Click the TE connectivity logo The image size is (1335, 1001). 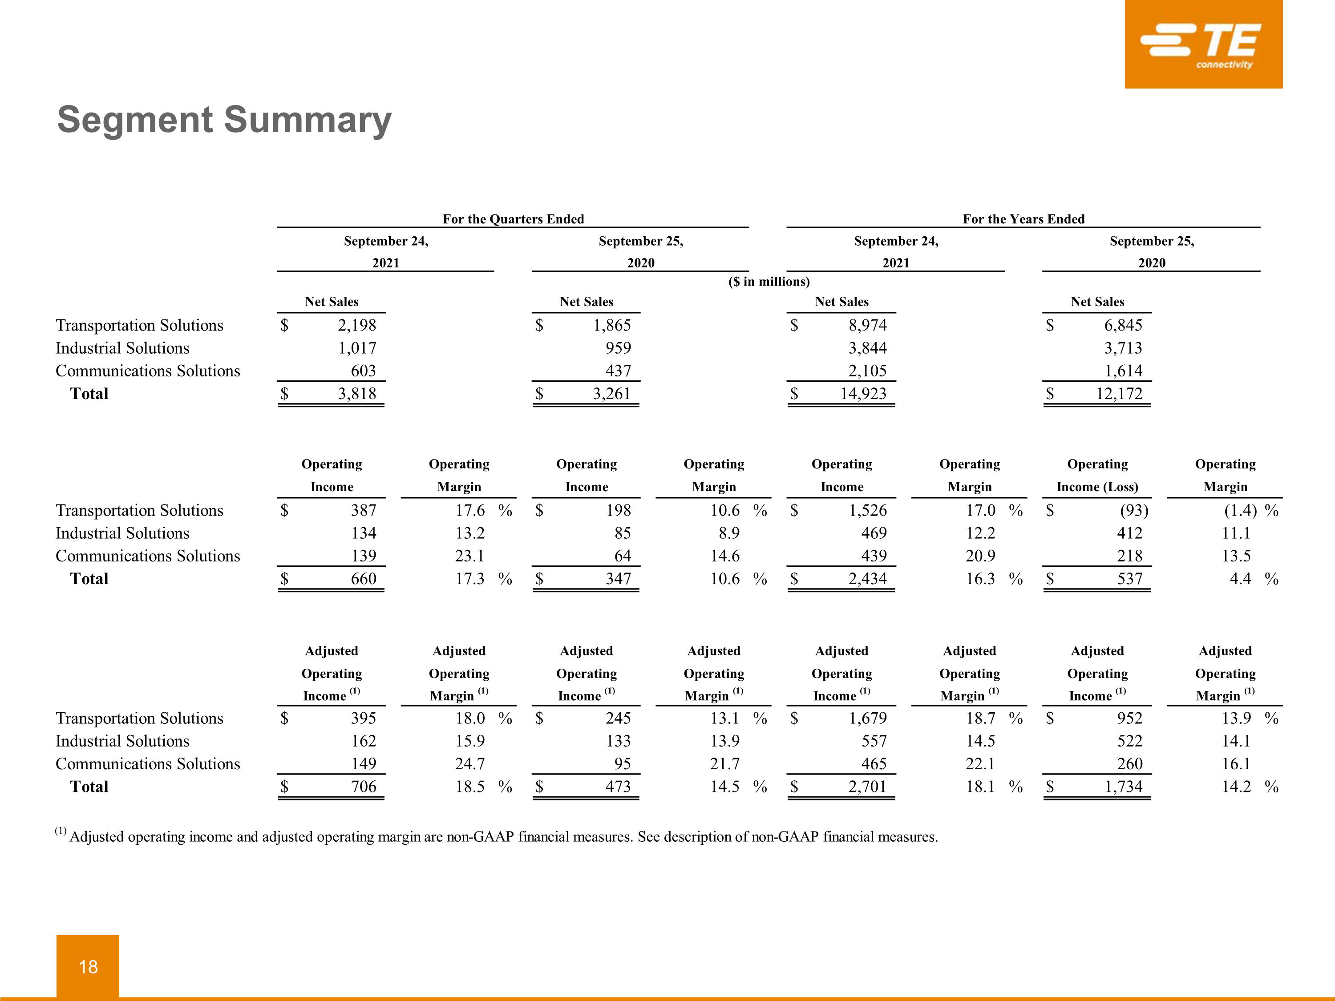click(x=1203, y=44)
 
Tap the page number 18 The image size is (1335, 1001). click(x=88, y=967)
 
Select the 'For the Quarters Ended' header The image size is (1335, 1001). click(x=513, y=219)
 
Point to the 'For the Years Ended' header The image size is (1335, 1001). click(x=1023, y=219)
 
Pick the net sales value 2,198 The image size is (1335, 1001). click(x=357, y=325)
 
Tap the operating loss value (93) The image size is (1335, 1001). click(x=1133, y=510)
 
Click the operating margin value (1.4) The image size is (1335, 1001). click(x=1240, y=510)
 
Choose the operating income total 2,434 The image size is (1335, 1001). click(x=867, y=579)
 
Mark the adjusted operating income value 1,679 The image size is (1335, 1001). click(x=867, y=718)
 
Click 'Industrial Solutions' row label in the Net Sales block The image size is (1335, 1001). click(x=122, y=348)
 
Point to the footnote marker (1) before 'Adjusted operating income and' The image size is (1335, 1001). click(x=61, y=831)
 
